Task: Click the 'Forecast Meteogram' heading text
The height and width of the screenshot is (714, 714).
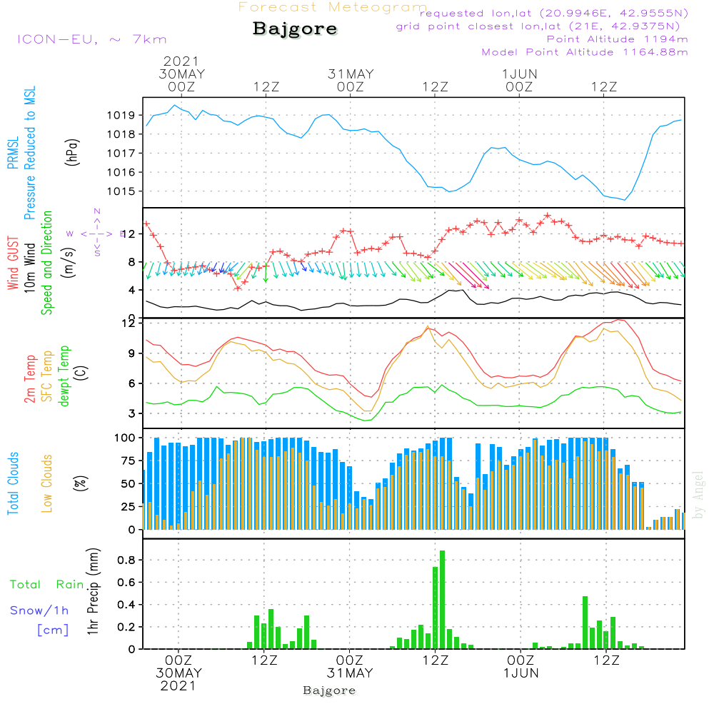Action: [333, 7]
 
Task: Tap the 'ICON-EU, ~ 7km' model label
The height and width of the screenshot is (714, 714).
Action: [91, 39]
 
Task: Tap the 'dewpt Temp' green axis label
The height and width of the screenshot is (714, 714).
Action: [64, 376]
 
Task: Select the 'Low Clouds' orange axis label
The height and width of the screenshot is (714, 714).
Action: [47, 483]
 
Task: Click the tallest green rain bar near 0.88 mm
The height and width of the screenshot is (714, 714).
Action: [443, 600]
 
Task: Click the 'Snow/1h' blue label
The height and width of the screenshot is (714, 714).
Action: [39, 610]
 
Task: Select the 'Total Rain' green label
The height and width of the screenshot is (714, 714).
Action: [47, 585]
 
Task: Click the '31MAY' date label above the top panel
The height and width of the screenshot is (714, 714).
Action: [351, 74]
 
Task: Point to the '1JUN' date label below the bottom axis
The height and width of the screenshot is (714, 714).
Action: [521, 673]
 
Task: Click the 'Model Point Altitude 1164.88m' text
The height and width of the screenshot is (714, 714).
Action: [585, 52]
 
